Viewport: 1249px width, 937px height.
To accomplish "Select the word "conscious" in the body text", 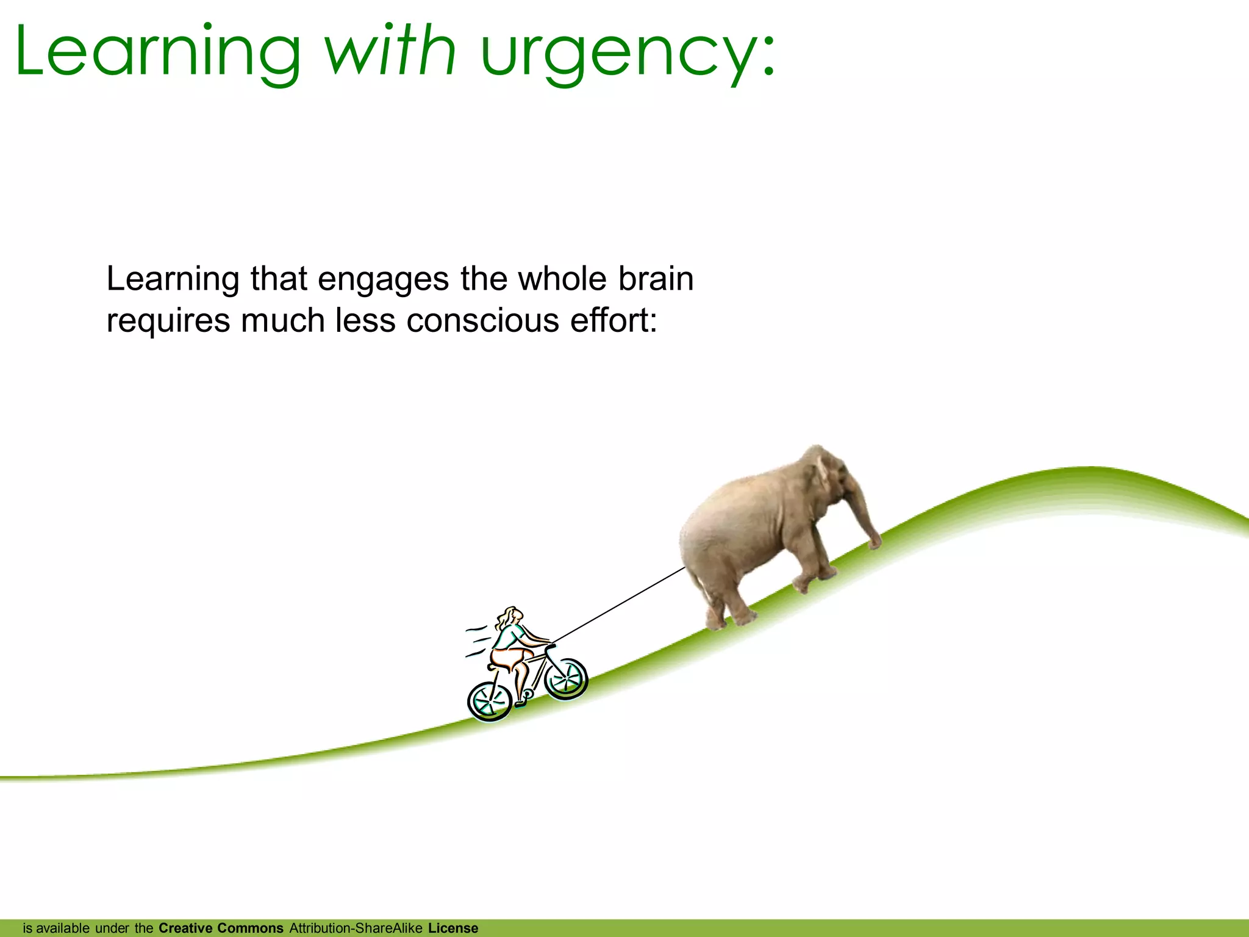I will coord(482,321).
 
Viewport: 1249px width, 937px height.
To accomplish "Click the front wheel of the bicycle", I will coord(565,678).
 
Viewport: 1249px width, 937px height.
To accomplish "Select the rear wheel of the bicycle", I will coord(489,702).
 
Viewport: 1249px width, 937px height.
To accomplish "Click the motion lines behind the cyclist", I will coord(478,641).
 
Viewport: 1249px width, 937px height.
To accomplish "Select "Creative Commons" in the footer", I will coord(221,928).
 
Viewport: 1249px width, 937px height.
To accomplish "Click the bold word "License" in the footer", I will coord(453,928).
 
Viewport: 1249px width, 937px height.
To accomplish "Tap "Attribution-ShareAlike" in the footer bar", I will coord(356,928).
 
